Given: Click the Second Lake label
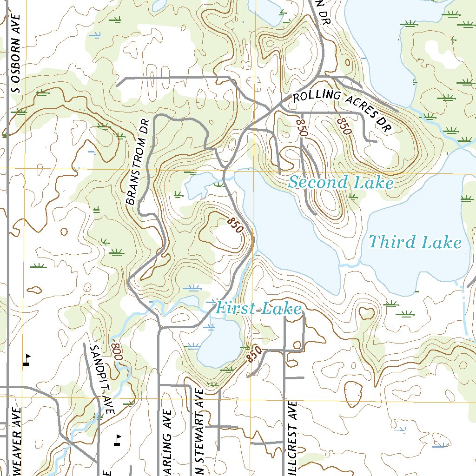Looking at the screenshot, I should point(340,182).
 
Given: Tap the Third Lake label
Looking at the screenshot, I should point(415,242).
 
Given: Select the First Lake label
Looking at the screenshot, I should point(259,308).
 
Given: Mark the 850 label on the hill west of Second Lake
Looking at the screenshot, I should point(235,225).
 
